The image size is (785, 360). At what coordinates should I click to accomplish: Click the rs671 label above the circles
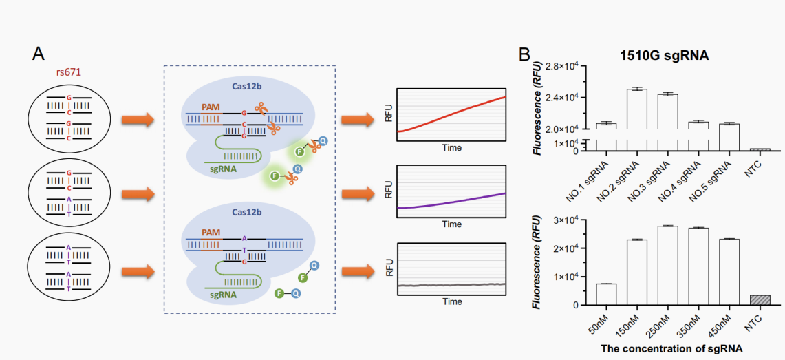click(x=69, y=72)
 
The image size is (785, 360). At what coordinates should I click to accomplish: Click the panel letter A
click(x=40, y=53)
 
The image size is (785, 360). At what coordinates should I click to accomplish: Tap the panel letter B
click(x=524, y=53)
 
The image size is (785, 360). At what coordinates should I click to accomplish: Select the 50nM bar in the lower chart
click(x=605, y=295)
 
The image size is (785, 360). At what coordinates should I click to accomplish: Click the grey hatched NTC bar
click(x=760, y=300)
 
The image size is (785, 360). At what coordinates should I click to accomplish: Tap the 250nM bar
click(x=667, y=266)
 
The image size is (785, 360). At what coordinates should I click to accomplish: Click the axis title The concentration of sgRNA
click(x=671, y=348)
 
